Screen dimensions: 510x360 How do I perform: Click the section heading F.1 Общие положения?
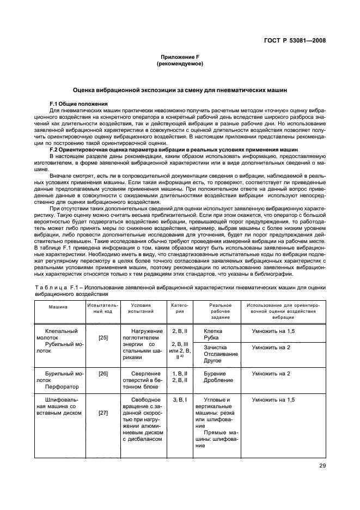tap(78, 104)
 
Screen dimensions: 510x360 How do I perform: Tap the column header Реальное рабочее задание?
tap(221, 311)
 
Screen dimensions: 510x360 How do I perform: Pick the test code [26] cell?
tap(102, 374)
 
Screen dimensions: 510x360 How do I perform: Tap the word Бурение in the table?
tap(215, 374)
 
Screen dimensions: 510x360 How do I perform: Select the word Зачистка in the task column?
tap(216, 347)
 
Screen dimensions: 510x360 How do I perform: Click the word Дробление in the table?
tap(218, 380)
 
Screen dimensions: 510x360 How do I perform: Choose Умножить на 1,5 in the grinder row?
tap(273, 400)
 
